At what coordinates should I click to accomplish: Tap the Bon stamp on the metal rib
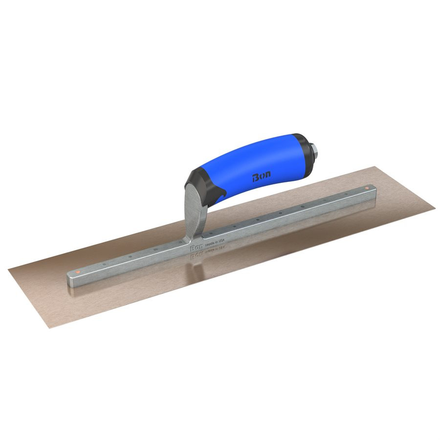click(195, 247)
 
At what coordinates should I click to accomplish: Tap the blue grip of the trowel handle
click(259, 169)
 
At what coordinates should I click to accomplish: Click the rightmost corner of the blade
click(435, 209)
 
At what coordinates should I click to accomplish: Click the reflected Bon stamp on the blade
click(196, 255)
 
